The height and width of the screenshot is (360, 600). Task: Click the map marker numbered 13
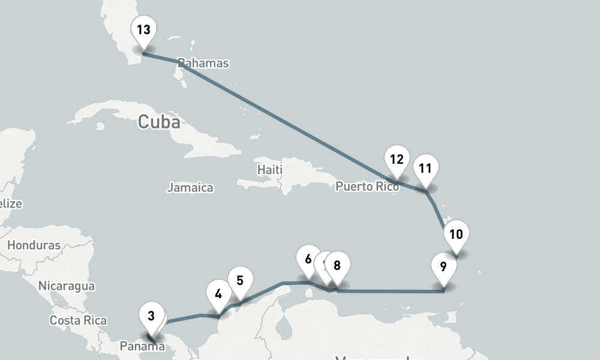point(143,30)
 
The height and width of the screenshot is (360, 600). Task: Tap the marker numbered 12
point(396,160)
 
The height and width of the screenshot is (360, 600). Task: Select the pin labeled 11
point(425,169)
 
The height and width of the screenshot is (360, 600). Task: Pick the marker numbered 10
point(456,235)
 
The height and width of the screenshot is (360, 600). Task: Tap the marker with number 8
point(337,265)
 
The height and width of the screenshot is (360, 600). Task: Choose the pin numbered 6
point(308,260)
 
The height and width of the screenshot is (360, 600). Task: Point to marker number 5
point(240,280)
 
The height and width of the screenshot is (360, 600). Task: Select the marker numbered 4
point(218,295)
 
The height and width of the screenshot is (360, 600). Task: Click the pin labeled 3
point(151,316)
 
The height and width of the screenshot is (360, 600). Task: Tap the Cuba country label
point(159,122)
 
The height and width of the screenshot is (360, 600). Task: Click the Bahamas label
point(204,63)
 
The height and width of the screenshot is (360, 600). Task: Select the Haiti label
point(269,170)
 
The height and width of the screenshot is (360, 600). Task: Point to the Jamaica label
point(190,188)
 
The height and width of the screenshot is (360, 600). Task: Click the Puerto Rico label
point(367,187)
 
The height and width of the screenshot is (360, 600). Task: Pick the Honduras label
point(34,245)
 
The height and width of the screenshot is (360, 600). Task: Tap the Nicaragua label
point(67,286)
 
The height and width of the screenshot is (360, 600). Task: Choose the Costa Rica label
point(78,320)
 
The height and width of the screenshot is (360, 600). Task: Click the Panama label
point(142,346)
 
